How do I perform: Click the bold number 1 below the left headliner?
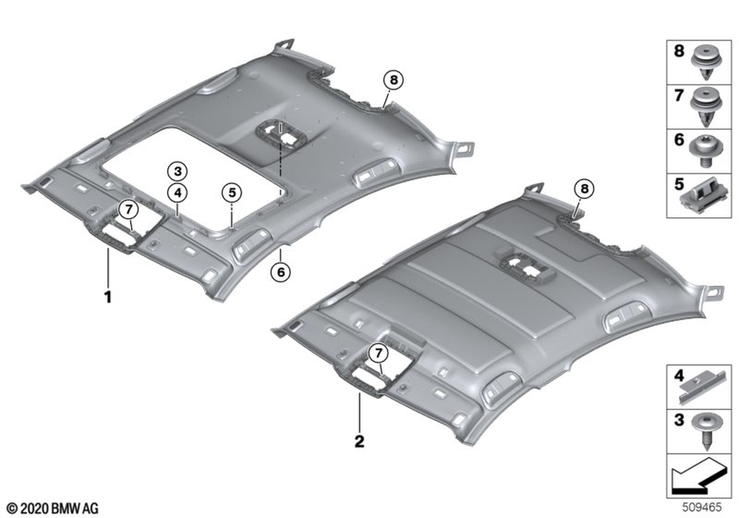(x=108, y=297)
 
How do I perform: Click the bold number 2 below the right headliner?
(x=359, y=442)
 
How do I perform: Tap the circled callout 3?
(x=177, y=171)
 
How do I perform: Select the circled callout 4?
(x=177, y=192)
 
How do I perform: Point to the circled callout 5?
(x=232, y=192)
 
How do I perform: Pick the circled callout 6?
(x=281, y=272)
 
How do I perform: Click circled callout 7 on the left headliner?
(x=128, y=209)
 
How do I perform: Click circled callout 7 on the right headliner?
(x=378, y=352)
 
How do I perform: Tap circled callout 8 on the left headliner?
(x=394, y=80)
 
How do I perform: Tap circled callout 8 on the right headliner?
(x=585, y=189)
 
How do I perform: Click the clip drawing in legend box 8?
(x=706, y=67)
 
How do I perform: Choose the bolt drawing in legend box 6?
(x=706, y=151)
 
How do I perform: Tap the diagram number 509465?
(x=702, y=507)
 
